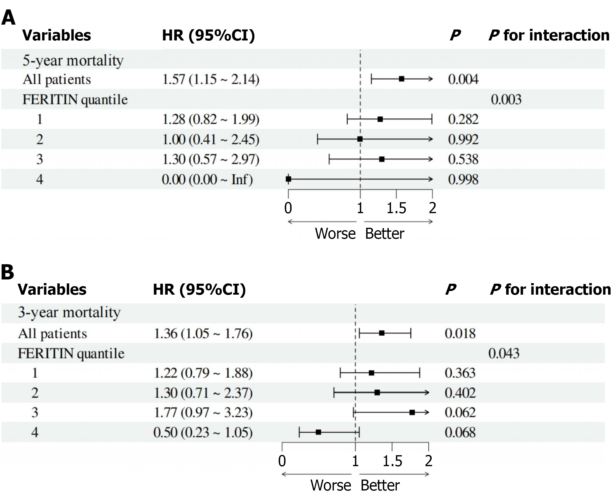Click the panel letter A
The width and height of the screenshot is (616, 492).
coord(8,18)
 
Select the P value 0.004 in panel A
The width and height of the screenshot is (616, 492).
coord(463,79)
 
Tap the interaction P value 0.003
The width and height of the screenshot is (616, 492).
coord(506,99)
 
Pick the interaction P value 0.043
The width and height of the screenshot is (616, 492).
coord(504,353)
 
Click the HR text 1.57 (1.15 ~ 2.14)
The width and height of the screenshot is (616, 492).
coord(211,79)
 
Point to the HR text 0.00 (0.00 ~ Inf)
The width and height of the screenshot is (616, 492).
coord(207,179)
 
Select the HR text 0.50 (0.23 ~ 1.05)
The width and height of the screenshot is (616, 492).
coord(203,432)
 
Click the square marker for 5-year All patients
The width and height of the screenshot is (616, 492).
coord(402,79)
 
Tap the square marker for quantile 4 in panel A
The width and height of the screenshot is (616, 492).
coord(289,179)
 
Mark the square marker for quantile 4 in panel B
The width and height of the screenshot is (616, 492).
coord(318,432)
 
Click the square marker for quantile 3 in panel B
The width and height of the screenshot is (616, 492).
coord(412,412)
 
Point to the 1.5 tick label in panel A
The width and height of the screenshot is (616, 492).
coord(396,208)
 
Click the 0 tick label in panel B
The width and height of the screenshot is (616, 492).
coord(282,461)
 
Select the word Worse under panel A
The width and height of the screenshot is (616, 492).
coord(335,234)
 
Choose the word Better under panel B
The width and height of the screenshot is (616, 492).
coord(380,485)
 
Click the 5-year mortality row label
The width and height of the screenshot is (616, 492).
coord(73,60)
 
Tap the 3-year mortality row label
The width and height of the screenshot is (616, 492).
coord(69,312)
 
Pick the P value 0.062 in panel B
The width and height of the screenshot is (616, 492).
coord(460,413)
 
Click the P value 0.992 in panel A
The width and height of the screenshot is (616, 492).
coord(463,139)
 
